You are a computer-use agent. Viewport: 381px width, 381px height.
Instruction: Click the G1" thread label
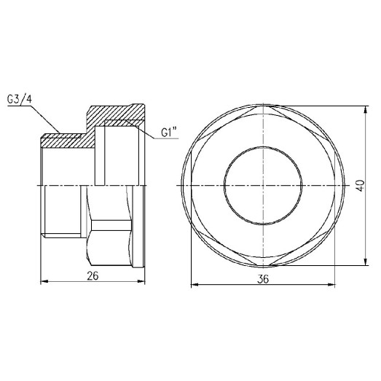coord(169,133)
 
